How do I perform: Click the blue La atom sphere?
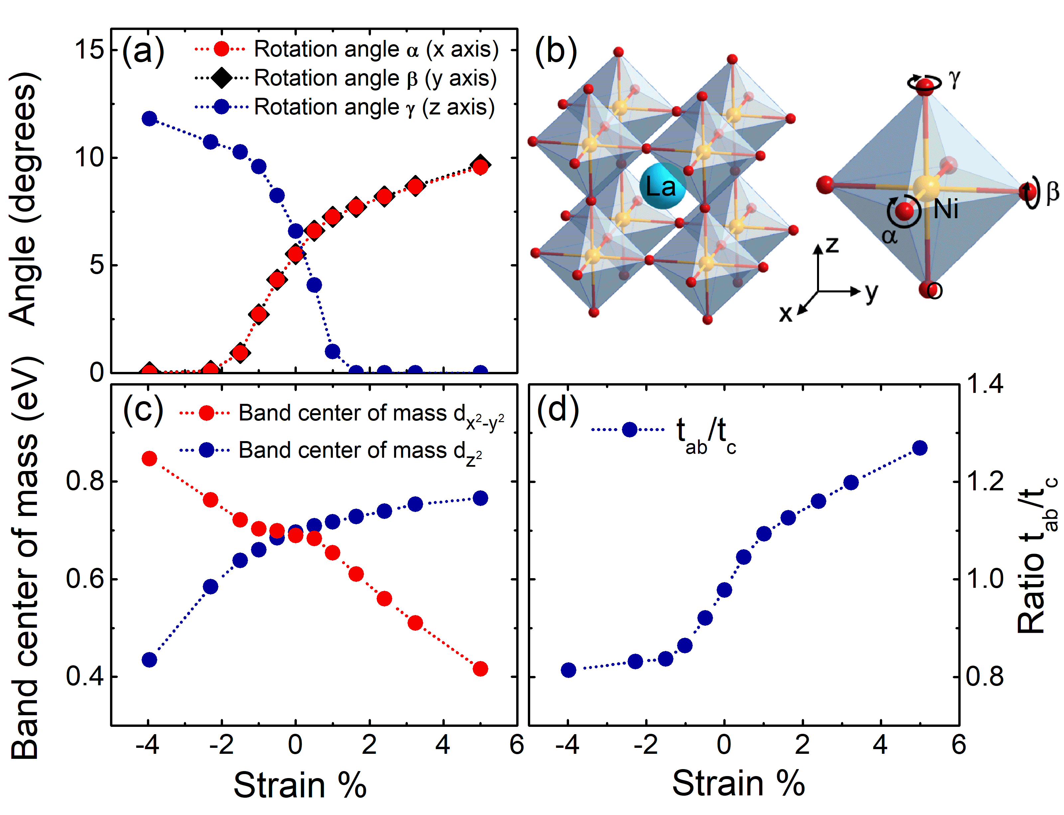[x=662, y=186]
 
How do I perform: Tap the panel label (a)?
[x=143, y=51]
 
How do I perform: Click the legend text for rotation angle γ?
[x=374, y=107]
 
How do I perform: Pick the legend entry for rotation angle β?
[x=375, y=78]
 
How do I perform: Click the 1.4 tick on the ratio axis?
[x=984, y=384]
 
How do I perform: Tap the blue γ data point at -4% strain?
[x=149, y=118]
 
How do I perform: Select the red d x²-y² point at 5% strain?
[x=480, y=669]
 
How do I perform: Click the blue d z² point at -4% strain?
[x=149, y=660]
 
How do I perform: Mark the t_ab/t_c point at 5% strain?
[x=919, y=448]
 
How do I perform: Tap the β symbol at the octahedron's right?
[x=1052, y=192]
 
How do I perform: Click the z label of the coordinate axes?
[x=832, y=245]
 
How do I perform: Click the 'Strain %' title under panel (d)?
[x=738, y=784]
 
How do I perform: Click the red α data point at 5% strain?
[x=480, y=167]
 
